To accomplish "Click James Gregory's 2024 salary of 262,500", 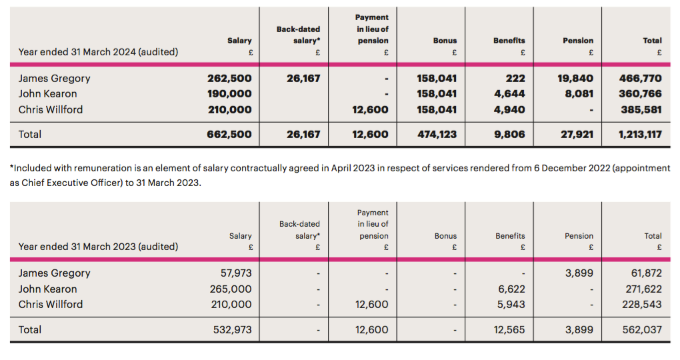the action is pos(229,79).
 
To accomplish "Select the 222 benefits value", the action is pos(515,79).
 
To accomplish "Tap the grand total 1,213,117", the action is pos(640,135).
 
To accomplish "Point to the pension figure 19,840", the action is pos(575,79).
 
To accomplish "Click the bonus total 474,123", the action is pos(437,135).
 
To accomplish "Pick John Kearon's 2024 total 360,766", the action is pos(640,94).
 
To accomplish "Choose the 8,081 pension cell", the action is pos(579,94).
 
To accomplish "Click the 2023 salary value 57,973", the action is pos(236,273).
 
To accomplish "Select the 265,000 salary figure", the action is pos(231,289).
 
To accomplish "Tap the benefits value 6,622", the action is pos(511,289).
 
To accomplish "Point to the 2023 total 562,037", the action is pos(642,329).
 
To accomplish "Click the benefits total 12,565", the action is pos(509,329).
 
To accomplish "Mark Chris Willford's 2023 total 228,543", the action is pos(642,305).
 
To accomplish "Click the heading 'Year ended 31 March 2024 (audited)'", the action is pos(99,52).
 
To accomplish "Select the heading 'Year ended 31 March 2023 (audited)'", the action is pos(99,247).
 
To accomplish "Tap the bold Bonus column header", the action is pos(445,41).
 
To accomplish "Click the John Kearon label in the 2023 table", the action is pos(48,289).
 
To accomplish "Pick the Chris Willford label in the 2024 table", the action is pos(50,110).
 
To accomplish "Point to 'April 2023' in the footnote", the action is pos(353,168).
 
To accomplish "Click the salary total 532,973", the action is pos(233,329).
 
